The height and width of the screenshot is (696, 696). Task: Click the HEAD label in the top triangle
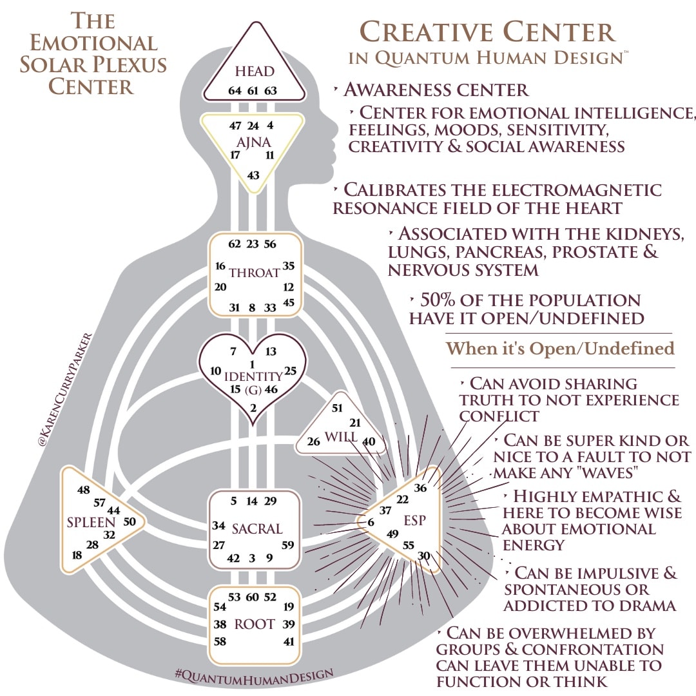coord(255,72)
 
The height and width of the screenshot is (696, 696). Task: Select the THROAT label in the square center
coord(255,273)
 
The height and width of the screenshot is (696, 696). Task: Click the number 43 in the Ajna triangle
coord(253,175)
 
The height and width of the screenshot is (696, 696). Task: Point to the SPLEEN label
coord(91,522)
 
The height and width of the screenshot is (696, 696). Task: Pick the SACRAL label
coord(257,529)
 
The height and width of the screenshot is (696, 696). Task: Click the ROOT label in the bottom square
coord(255,624)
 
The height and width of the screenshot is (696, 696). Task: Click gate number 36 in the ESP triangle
coord(420,488)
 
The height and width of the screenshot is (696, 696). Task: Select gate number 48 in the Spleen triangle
coord(84,490)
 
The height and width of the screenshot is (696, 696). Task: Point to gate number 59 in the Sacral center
coord(288,545)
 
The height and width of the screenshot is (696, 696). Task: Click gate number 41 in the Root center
coord(288,642)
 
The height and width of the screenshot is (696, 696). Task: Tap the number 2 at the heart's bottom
coord(253,407)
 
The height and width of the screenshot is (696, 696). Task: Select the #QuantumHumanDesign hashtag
coord(254,674)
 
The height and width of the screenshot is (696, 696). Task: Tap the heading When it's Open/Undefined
coord(560,349)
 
